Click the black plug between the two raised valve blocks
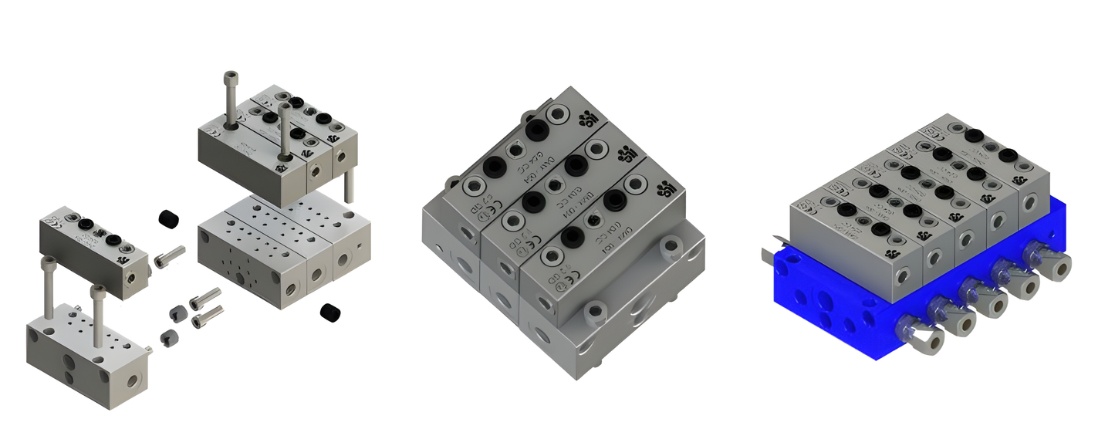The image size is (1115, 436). tap(168, 219)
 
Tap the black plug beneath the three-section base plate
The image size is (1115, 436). tap(331, 313)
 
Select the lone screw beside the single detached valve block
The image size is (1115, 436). tap(171, 256)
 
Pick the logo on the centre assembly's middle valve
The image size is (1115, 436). tap(627, 154)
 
